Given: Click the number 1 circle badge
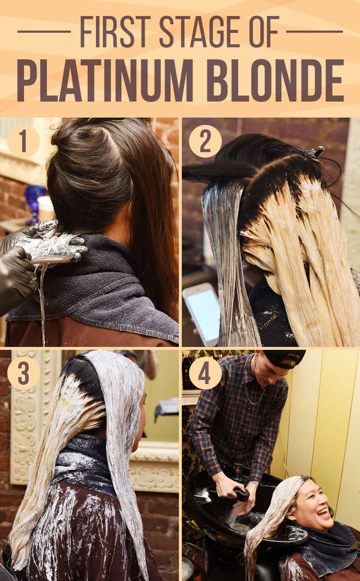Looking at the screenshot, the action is [23, 141].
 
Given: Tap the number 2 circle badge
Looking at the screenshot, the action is [205, 141].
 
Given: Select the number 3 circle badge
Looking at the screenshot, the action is [23, 373].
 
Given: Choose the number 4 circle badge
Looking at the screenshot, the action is [205, 373].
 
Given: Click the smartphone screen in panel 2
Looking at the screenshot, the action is [202, 314].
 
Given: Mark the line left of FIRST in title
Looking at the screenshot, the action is [44, 32].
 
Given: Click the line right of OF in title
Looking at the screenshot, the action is [315, 32].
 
